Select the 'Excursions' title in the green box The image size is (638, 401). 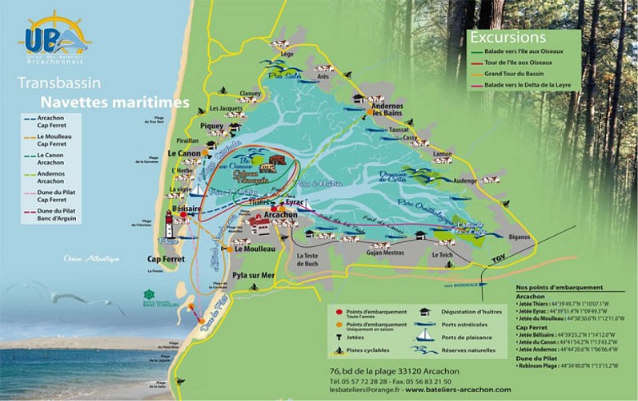coord(508,38)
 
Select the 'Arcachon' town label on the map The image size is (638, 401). coord(280,216)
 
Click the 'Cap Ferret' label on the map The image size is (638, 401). coord(167,259)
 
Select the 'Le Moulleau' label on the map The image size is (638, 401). coord(255,249)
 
